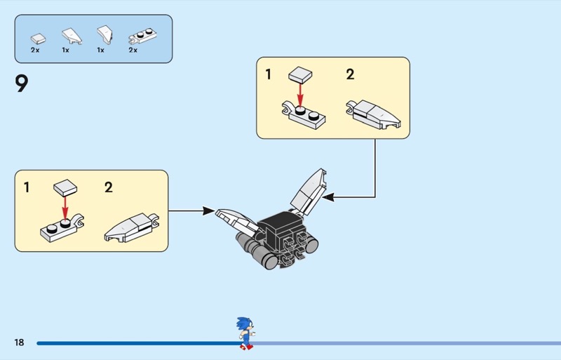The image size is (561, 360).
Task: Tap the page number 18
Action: [x=19, y=342]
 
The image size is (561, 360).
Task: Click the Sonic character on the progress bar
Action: [x=245, y=333]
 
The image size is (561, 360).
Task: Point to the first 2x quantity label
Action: [x=35, y=51]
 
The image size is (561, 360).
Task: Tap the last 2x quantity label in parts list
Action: [x=133, y=51]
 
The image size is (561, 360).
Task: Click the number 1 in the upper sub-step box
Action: [x=268, y=74]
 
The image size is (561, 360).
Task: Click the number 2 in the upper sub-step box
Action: [x=350, y=74]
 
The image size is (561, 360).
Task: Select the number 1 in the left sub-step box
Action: [x=27, y=187]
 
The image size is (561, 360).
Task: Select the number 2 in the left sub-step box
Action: [x=109, y=187]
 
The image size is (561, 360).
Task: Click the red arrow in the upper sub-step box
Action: [x=300, y=93]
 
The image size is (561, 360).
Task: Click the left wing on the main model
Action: [x=235, y=222]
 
